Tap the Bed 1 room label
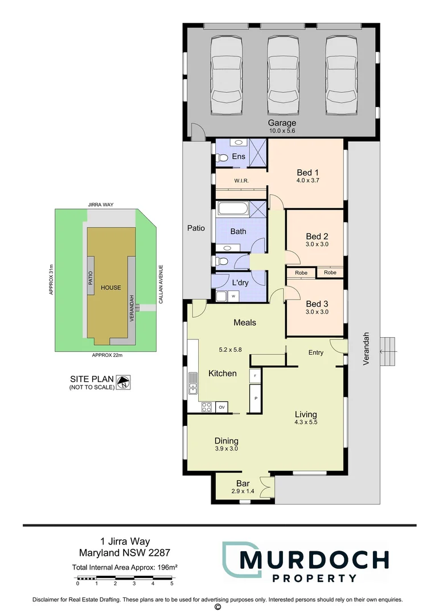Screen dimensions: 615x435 tap(307, 173)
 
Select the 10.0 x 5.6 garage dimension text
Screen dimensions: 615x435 tap(282, 131)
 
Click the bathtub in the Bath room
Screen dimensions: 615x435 tap(232, 208)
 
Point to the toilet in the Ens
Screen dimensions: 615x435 tap(224, 158)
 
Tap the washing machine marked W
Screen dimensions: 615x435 tap(233, 296)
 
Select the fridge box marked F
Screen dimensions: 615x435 tap(255, 376)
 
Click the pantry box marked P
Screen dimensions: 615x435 tap(255, 398)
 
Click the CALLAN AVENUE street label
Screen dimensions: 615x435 tap(161, 283)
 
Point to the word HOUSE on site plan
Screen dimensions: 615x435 tap(110, 288)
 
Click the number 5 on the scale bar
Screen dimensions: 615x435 tap(171, 584)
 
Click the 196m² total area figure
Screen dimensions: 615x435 tap(169, 567)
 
